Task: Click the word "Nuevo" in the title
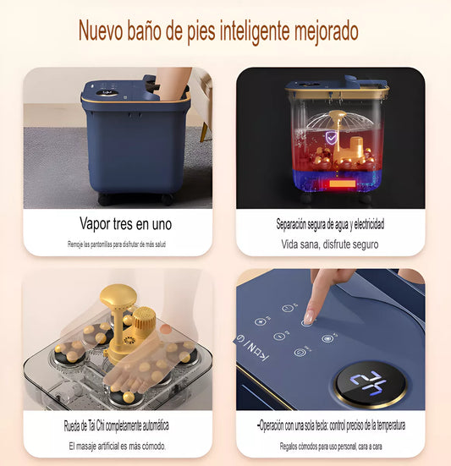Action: (x=101, y=31)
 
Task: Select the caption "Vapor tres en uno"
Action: (x=125, y=223)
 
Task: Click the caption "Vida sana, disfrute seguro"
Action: (x=330, y=244)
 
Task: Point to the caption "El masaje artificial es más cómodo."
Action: (x=118, y=446)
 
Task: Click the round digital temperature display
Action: (x=370, y=384)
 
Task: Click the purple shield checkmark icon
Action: (x=330, y=138)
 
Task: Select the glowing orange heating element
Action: (x=342, y=184)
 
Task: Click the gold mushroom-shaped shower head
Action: (x=118, y=296)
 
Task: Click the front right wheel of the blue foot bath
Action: (x=167, y=199)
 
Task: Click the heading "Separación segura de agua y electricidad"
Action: (x=330, y=224)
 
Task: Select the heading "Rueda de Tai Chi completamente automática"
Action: (x=116, y=425)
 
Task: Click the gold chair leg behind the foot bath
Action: (x=204, y=132)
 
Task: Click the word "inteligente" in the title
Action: (x=255, y=31)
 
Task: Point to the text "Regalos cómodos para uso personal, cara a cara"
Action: (x=331, y=446)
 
